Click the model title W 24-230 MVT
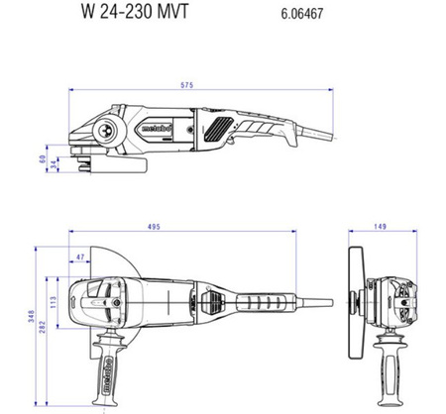click(135, 11)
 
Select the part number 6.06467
click(302, 14)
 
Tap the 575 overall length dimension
click(186, 85)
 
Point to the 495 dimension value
click(154, 227)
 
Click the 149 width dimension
click(380, 227)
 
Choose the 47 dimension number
click(80, 257)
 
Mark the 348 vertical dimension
click(31, 316)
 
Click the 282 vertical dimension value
click(43, 327)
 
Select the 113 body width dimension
click(54, 302)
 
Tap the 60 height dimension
click(43, 159)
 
